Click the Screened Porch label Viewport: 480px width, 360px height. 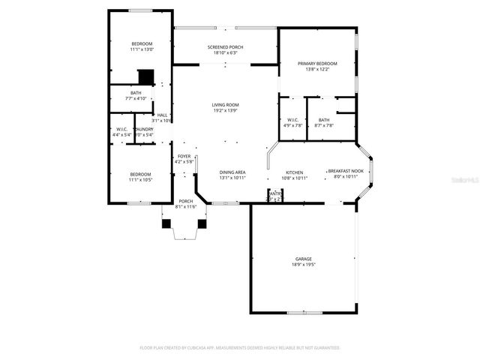coord(226,47)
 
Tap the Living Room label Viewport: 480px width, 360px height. coord(226,105)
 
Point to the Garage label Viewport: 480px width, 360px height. coord(303,259)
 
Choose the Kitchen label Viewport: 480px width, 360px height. coord(294,172)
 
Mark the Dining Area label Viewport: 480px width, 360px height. coord(232,172)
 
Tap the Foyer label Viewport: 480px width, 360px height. coord(184,156)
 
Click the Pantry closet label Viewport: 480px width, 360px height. coord(275,192)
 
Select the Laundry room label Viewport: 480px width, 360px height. coord(144,129)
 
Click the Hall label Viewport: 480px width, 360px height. coord(162,115)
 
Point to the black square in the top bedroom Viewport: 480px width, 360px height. coord(145,76)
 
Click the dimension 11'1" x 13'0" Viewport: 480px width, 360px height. coord(142,49)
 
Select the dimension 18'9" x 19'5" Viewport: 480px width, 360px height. coord(303,265)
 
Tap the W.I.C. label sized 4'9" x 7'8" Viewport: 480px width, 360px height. coord(293,120)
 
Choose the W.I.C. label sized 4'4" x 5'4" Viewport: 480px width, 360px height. coord(121,129)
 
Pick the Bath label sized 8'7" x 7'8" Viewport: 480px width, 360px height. coord(323,120)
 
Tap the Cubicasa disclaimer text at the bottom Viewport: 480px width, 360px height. coord(240,348)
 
